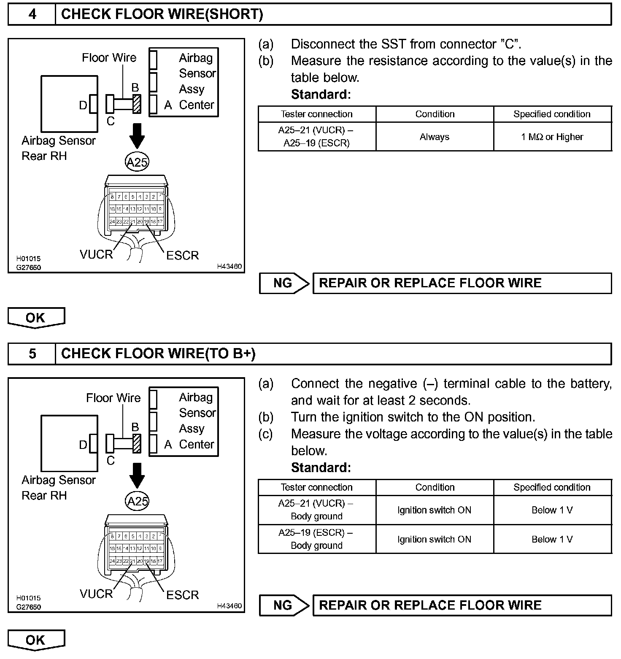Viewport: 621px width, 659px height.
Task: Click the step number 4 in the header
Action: [32, 14]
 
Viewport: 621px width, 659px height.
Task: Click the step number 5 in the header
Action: [32, 354]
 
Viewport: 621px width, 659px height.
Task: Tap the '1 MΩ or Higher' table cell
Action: [552, 137]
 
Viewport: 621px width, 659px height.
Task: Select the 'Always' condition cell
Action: [435, 137]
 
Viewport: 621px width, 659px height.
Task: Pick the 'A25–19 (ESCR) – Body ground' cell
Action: [316, 539]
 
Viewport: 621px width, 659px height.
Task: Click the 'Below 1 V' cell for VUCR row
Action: [552, 510]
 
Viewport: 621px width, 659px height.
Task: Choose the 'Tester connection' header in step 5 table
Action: [316, 487]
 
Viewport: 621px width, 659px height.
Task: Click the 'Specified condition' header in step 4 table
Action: [552, 114]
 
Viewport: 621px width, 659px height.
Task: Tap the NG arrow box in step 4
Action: [283, 283]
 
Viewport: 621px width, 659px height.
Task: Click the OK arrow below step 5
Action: [36, 640]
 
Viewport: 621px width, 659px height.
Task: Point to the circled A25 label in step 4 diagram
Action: [137, 162]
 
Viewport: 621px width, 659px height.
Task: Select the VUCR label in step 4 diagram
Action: [96, 254]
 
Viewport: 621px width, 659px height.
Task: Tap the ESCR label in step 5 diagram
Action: [182, 595]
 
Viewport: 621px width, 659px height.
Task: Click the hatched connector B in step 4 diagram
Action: [137, 104]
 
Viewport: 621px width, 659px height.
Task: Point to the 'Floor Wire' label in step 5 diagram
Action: [113, 398]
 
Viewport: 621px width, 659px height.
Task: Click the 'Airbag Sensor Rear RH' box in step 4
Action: [69, 104]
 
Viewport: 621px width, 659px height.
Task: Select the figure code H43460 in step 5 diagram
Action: [229, 606]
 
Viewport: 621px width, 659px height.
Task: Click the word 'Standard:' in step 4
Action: [321, 95]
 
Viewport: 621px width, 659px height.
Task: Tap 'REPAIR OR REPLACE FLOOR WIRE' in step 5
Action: [430, 605]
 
